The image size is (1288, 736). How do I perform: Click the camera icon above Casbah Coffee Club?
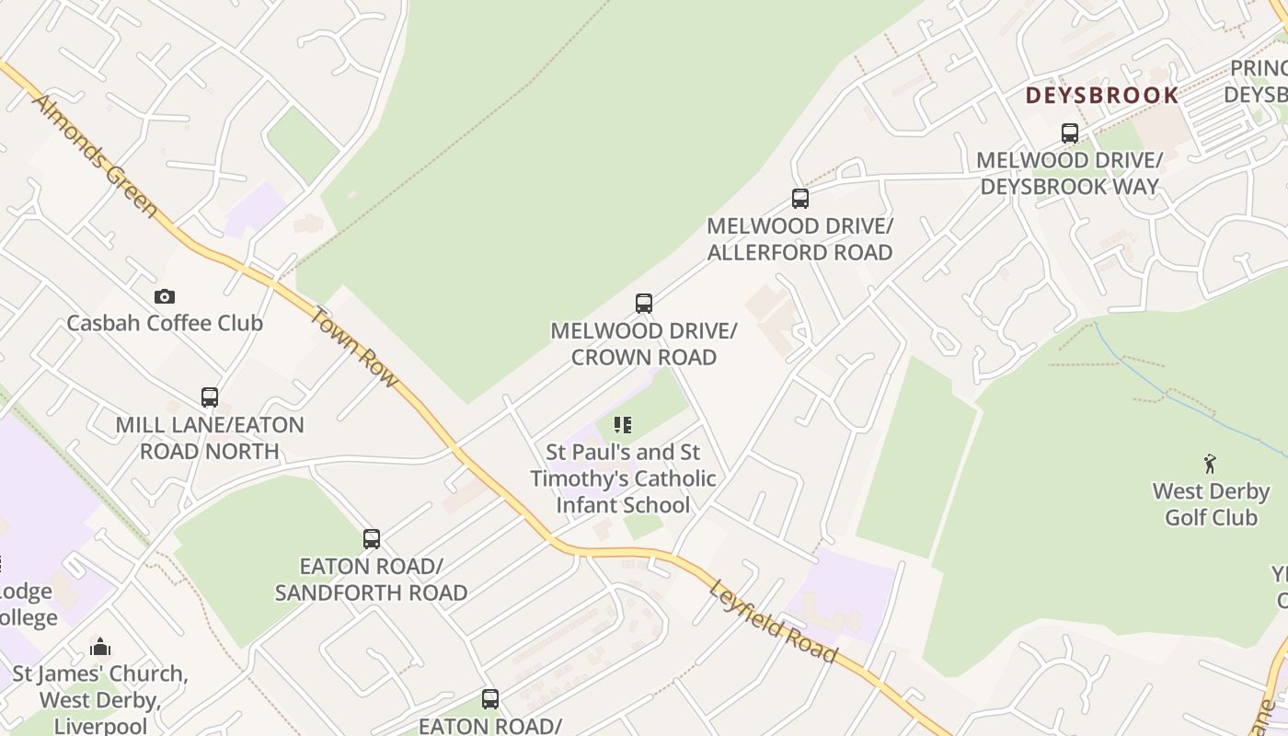[x=165, y=296]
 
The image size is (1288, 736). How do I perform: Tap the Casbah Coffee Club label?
[x=165, y=323]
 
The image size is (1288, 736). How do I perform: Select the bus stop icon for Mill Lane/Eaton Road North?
[x=210, y=397]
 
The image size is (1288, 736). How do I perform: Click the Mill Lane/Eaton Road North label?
[x=210, y=438]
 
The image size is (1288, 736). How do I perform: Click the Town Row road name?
[x=354, y=346]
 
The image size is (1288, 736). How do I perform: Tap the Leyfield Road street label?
[x=773, y=622]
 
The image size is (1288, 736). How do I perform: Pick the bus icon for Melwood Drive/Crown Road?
[x=644, y=304]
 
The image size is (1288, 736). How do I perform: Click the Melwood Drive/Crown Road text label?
[x=644, y=343]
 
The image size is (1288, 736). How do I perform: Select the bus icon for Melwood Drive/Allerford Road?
[x=800, y=198]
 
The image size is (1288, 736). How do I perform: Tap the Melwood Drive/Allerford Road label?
[x=799, y=238]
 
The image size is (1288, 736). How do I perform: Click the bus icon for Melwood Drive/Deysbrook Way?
[x=1070, y=133]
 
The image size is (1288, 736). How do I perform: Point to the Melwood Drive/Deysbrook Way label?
[x=1069, y=173]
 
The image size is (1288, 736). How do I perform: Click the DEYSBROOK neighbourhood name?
[x=1102, y=96]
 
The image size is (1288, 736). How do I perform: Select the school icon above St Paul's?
[x=623, y=425]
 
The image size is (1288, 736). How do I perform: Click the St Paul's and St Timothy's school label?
[x=623, y=478]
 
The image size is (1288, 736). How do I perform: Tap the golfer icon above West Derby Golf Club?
[x=1210, y=464]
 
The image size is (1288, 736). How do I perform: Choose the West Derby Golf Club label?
[x=1211, y=504]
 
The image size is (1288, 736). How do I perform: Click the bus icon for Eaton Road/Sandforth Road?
[x=372, y=539]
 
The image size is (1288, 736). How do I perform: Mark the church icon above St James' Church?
[x=100, y=647]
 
